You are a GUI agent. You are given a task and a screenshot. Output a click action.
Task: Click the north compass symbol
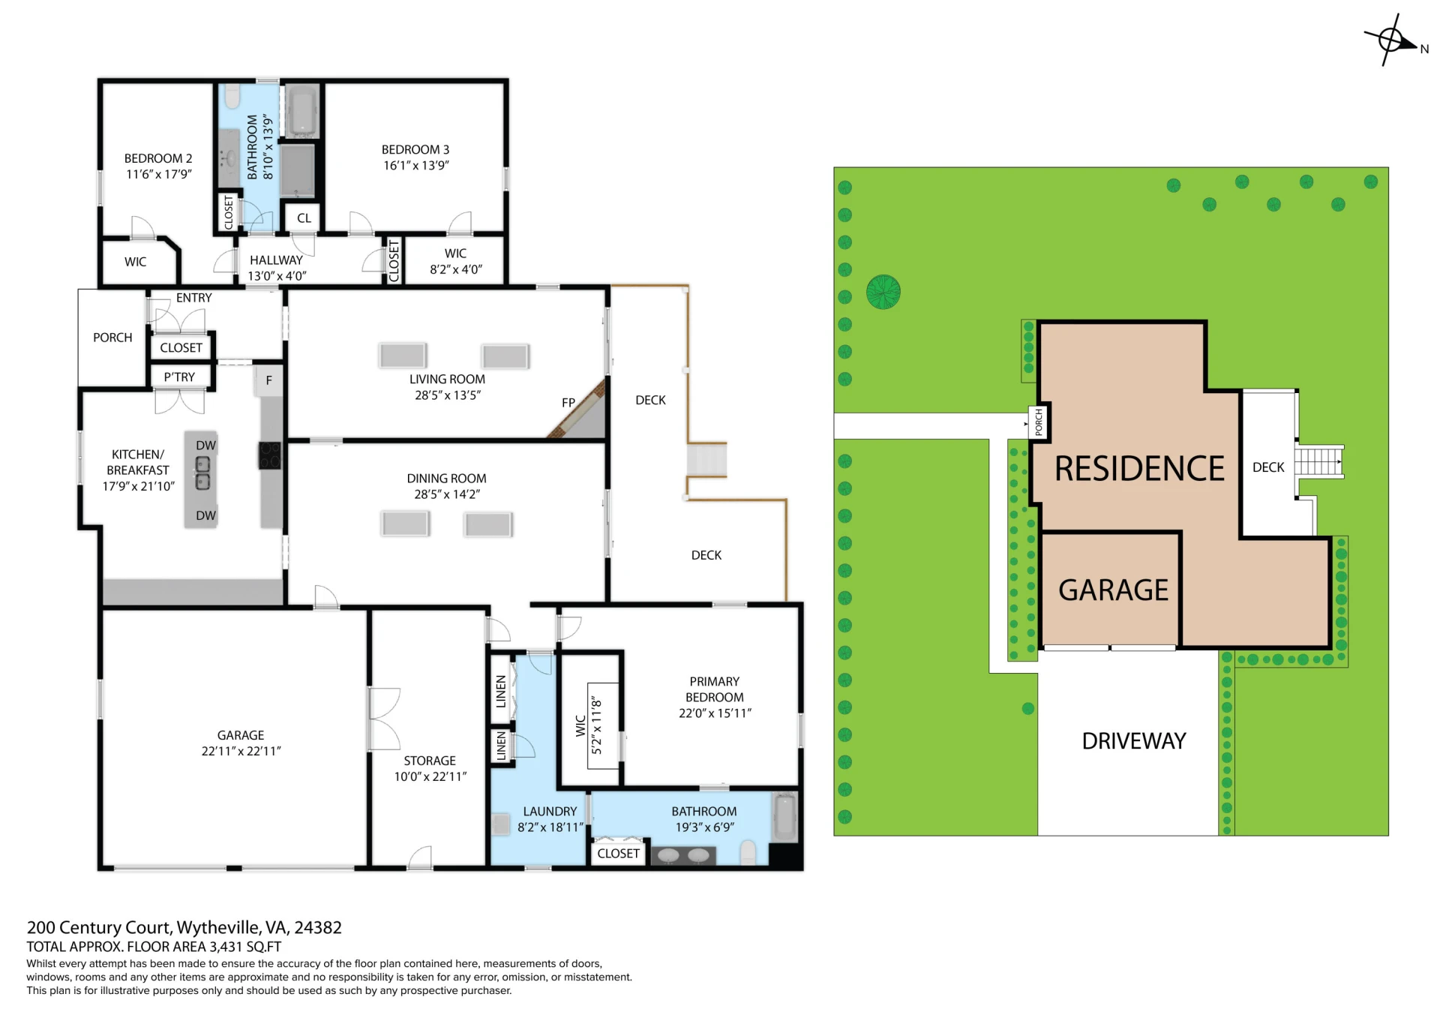(1392, 40)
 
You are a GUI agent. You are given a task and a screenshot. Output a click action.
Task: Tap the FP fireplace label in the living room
(568, 403)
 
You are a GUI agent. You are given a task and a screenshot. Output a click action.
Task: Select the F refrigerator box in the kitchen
(268, 380)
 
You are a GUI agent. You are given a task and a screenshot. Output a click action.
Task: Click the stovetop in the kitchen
(270, 455)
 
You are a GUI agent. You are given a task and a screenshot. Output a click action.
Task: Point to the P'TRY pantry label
(179, 377)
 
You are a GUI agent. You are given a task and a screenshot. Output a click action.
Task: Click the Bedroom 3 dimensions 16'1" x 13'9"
(416, 165)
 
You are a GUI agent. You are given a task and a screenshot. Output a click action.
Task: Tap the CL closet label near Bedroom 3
(304, 218)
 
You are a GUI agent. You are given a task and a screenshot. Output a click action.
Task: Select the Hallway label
(276, 260)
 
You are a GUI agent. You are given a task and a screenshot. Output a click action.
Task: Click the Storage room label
(430, 761)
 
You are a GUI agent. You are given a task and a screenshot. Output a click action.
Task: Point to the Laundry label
(550, 812)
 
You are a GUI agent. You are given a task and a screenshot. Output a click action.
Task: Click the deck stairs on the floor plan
(707, 459)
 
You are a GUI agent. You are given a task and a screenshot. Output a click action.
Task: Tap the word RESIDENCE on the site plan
(1139, 469)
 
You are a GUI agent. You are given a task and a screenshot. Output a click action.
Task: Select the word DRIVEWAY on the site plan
(1134, 741)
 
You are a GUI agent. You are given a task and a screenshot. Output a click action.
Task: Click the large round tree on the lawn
(883, 292)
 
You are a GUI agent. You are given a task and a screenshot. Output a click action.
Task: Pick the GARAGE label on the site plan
(1114, 590)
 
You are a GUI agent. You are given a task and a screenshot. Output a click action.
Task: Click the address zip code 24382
(318, 927)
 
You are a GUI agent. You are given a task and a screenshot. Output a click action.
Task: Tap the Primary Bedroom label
(715, 689)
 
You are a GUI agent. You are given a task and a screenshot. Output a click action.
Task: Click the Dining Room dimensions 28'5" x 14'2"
(447, 494)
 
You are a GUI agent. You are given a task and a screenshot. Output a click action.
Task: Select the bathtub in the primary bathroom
(785, 818)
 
